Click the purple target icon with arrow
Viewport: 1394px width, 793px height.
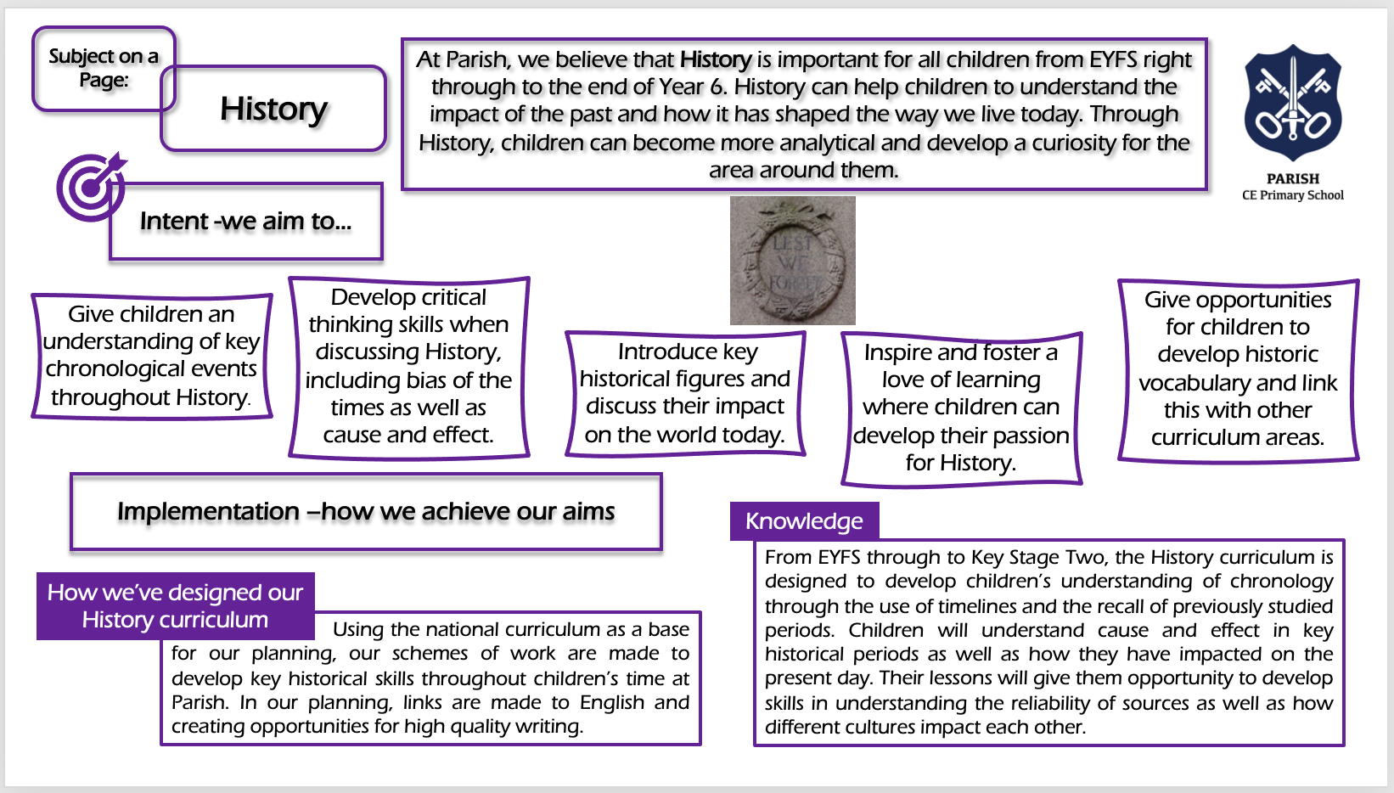(x=91, y=187)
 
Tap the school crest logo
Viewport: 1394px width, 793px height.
(x=1293, y=102)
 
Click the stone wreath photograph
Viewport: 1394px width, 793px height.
(x=792, y=260)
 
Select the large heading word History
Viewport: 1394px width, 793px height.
(x=274, y=109)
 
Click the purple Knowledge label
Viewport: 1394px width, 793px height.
(x=804, y=521)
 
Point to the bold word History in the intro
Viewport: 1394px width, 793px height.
(x=716, y=59)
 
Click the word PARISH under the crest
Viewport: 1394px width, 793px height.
(x=1293, y=178)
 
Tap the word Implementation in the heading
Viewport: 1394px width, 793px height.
(x=209, y=512)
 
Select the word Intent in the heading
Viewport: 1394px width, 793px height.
(x=174, y=221)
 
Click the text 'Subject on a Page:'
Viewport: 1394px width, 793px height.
(x=104, y=68)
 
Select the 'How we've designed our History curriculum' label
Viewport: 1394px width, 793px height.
(x=176, y=605)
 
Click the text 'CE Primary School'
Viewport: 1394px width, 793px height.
(x=1293, y=195)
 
